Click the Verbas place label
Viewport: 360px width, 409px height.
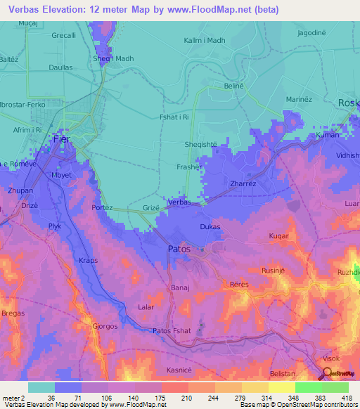click(x=180, y=202)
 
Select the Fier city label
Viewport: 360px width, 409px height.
click(x=61, y=140)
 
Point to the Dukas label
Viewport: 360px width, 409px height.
click(x=210, y=227)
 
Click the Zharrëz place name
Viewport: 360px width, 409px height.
click(x=244, y=184)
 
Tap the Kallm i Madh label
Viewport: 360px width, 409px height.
click(x=204, y=41)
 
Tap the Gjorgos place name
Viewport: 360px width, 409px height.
click(x=106, y=326)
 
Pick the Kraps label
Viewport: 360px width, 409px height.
click(x=89, y=261)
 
